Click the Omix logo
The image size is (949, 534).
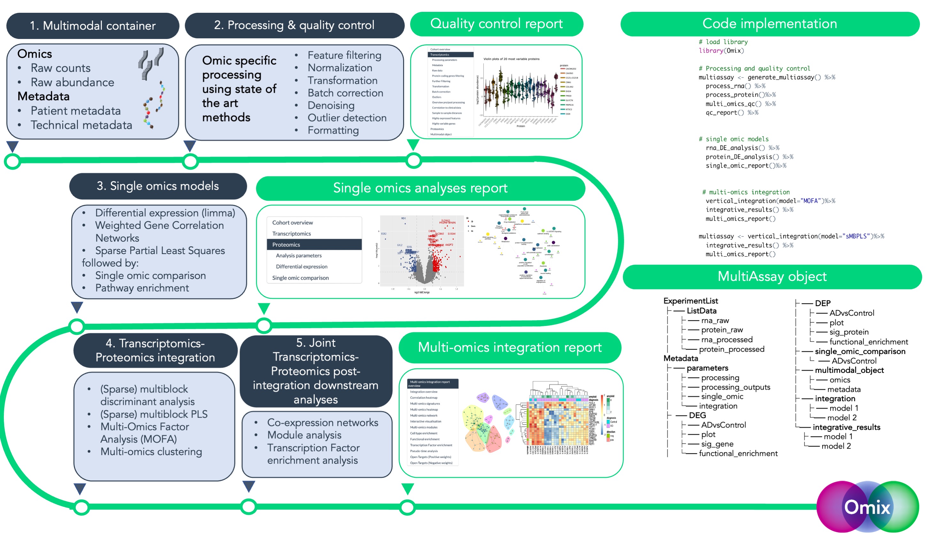tap(867, 507)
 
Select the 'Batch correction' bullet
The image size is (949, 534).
tap(345, 93)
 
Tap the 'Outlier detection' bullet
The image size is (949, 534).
tap(347, 118)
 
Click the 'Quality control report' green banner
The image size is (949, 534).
tap(496, 24)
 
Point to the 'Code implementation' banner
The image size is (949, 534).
tap(769, 24)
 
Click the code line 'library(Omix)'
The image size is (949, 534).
tap(721, 50)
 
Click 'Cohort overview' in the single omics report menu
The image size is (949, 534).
tap(293, 223)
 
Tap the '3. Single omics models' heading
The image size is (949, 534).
tap(158, 186)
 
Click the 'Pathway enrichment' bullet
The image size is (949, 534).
tap(142, 288)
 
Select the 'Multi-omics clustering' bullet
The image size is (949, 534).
tap(151, 452)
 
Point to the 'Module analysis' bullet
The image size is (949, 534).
tap(304, 435)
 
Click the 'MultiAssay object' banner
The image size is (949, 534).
tap(772, 276)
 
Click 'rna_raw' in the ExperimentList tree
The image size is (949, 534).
tap(715, 320)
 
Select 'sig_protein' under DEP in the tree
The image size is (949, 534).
tap(849, 332)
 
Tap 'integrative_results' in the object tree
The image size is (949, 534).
tap(846, 427)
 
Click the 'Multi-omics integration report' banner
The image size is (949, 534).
tap(509, 347)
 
